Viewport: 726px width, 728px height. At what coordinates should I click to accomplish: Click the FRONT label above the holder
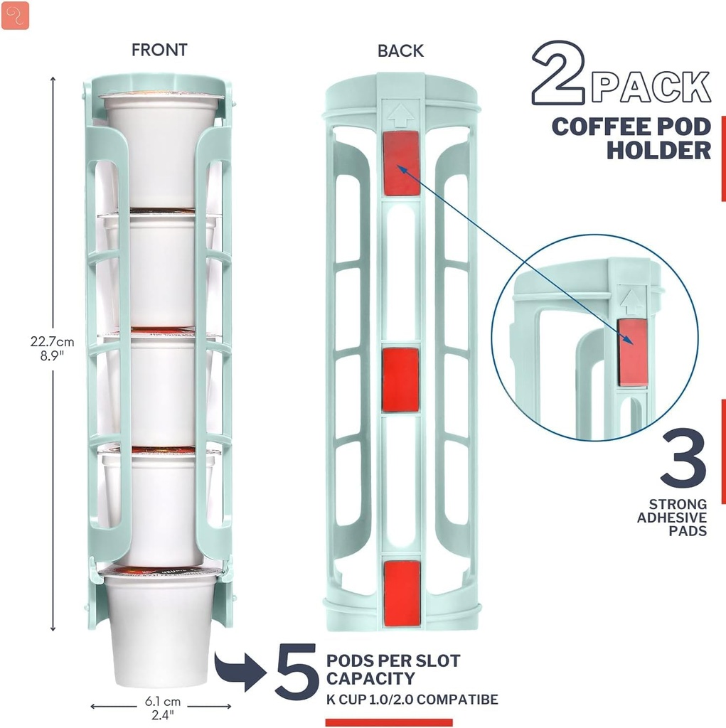pyautogui.click(x=159, y=50)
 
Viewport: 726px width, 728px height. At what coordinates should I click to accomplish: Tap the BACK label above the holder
pyautogui.click(x=400, y=51)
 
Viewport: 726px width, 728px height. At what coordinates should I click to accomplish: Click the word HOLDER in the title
pyautogui.click(x=658, y=150)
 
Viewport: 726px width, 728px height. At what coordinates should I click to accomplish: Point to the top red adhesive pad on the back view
pyautogui.click(x=401, y=163)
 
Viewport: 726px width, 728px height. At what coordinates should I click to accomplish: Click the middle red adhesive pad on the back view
pyautogui.click(x=400, y=380)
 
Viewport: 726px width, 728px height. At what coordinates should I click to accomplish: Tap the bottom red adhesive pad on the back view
pyautogui.click(x=402, y=593)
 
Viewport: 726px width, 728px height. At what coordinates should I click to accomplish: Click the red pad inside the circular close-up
pyautogui.click(x=632, y=352)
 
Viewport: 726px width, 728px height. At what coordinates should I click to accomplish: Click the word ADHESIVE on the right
pyautogui.click(x=671, y=518)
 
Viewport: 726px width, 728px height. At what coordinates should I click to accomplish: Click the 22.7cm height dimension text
pyautogui.click(x=48, y=341)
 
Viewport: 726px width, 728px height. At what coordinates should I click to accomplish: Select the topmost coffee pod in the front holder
pyautogui.click(x=161, y=149)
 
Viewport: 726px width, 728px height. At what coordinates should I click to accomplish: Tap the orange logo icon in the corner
pyautogui.click(x=15, y=15)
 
